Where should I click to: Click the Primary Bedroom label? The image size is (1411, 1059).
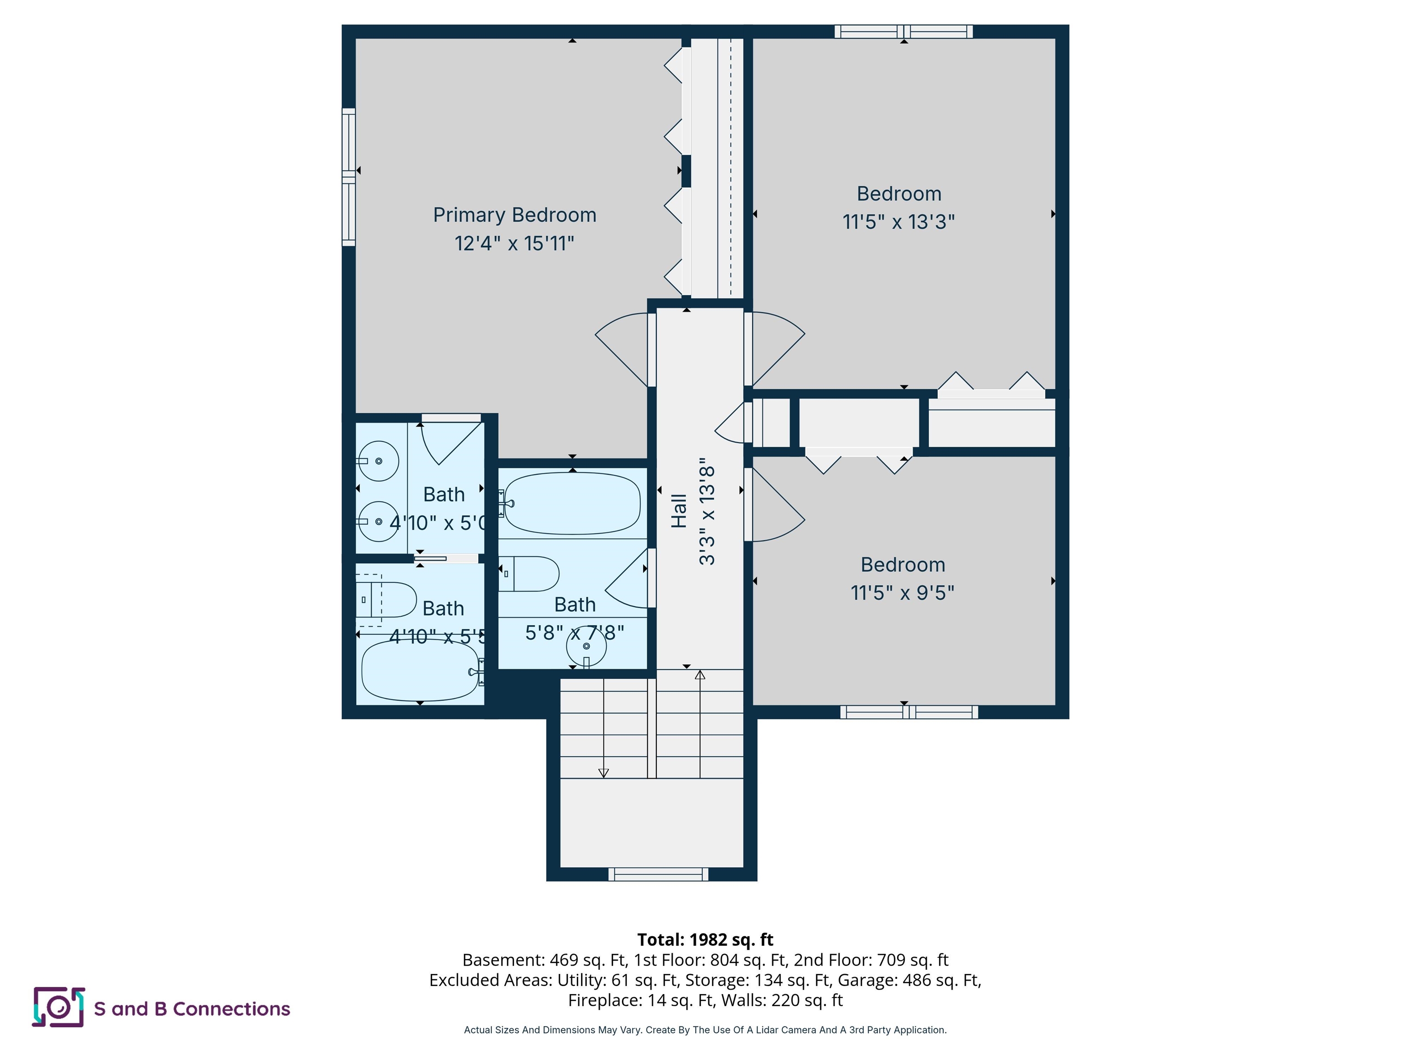[x=514, y=215]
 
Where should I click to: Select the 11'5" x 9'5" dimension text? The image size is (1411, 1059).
[x=902, y=593]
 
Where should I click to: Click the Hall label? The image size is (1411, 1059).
[x=679, y=511]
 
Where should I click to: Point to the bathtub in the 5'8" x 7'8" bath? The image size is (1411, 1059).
[x=572, y=503]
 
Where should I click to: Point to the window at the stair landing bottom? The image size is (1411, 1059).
[x=658, y=874]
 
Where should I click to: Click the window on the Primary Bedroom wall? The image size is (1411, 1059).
[x=348, y=177]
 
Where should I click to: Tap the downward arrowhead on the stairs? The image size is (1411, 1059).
[x=604, y=773]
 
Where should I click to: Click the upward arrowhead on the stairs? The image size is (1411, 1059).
[x=700, y=675]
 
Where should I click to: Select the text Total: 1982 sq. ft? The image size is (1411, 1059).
[x=705, y=939]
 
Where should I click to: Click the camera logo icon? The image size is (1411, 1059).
[x=58, y=1007]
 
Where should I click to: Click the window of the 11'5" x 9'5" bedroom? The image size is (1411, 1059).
[x=909, y=712]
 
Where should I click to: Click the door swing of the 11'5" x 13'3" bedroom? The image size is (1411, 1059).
[x=775, y=348]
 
